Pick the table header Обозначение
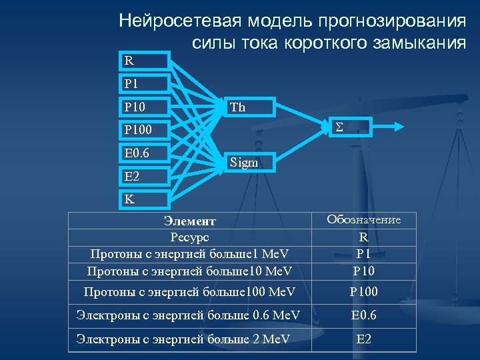tap(363, 220)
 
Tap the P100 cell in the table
tap(363, 291)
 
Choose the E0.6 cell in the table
tap(363, 315)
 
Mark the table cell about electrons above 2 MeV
tap(183, 339)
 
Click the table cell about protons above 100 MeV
tap(189, 291)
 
